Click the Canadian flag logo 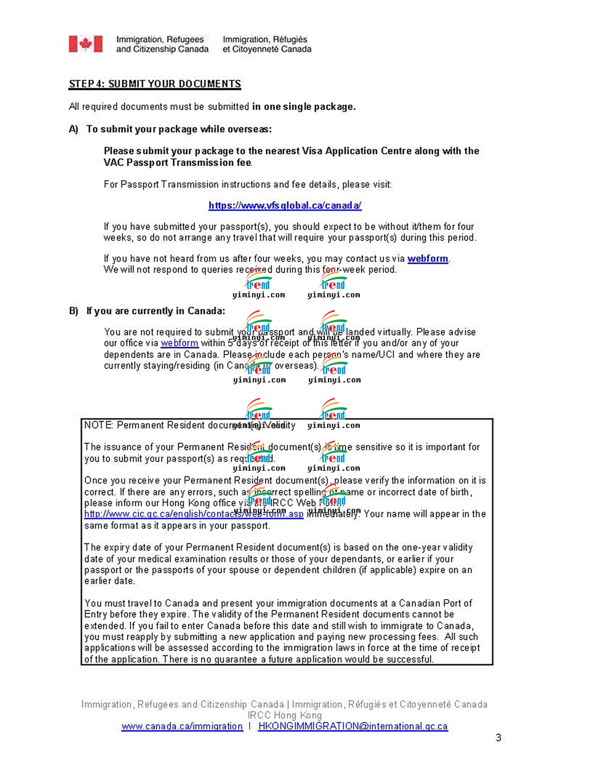coord(86,44)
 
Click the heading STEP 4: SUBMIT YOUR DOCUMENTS coord(155,84)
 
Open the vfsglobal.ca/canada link coord(285,205)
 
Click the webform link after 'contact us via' coord(428,259)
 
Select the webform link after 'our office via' coord(179,343)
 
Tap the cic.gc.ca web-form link coord(193,514)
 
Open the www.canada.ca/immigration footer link coord(182,726)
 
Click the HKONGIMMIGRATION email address coord(353,726)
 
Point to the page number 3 coord(499,738)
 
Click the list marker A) coord(74,129)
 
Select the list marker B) coord(74,311)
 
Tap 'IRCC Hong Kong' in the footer coord(285,715)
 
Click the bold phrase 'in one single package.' coord(304,107)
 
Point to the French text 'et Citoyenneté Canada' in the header coord(267,49)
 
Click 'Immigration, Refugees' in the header coord(160,40)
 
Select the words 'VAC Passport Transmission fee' coord(178,163)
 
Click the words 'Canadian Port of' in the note coord(435,603)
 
